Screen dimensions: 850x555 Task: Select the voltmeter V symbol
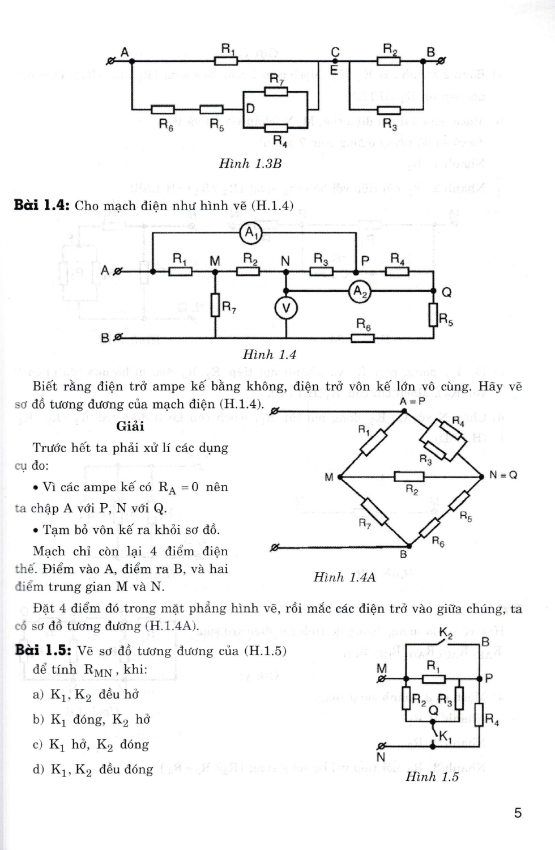click(285, 308)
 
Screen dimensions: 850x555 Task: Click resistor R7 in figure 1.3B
click(276, 91)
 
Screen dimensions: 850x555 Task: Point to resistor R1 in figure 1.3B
click(226, 60)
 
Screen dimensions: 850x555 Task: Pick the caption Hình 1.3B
click(250, 164)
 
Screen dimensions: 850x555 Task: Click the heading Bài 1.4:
click(42, 205)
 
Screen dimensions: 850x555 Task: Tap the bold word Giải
click(130, 426)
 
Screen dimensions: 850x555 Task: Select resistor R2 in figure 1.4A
click(409, 477)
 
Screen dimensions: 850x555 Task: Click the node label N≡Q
click(503, 475)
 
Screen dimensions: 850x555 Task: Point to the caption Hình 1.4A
click(344, 577)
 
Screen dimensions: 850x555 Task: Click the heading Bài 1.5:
click(42, 651)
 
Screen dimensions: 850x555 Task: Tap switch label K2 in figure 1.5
click(446, 632)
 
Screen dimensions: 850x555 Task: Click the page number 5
click(518, 813)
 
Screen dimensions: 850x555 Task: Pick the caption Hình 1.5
click(432, 777)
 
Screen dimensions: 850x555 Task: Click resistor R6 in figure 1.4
click(362, 338)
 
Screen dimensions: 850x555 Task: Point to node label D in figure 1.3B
click(250, 108)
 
